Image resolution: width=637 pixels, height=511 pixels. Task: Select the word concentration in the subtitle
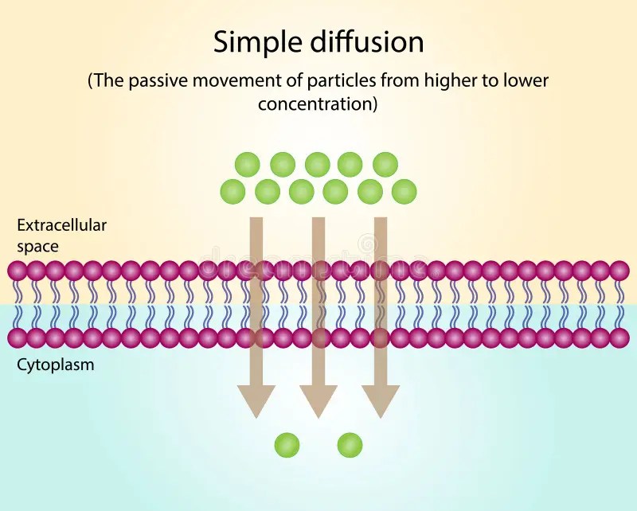click(316, 103)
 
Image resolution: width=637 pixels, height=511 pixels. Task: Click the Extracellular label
click(61, 225)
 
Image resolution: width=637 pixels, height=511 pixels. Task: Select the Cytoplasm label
click(55, 365)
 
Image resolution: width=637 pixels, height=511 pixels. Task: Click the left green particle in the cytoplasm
click(287, 445)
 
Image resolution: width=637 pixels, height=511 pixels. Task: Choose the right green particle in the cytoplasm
click(350, 445)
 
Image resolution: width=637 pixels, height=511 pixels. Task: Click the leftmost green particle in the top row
click(248, 165)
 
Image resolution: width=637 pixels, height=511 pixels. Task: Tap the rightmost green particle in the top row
click(385, 165)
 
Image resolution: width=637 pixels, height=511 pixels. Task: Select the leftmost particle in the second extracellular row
click(233, 191)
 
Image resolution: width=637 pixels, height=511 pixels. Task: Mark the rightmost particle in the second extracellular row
click(404, 191)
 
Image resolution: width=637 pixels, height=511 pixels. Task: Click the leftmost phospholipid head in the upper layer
click(18, 271)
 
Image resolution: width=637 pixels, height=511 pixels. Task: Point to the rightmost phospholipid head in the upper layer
click(619, 271)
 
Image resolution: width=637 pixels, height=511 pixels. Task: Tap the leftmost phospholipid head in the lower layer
click(18, 338)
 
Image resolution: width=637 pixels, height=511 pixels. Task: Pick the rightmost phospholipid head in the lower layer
click(619, 338)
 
